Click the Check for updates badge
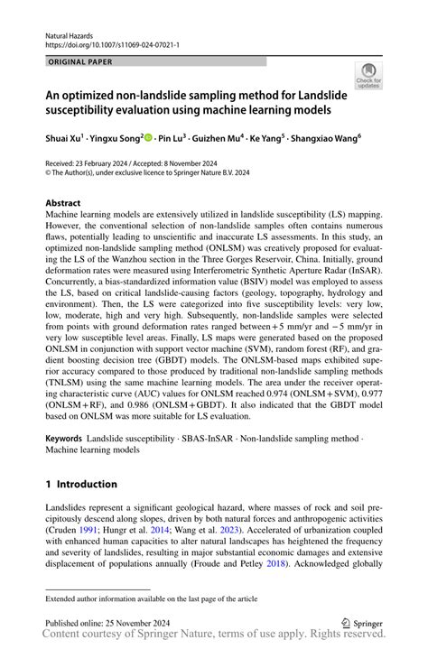(368, 76)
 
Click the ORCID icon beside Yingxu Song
(149, 137)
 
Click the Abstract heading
(63, 204)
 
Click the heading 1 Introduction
(81, 483)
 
